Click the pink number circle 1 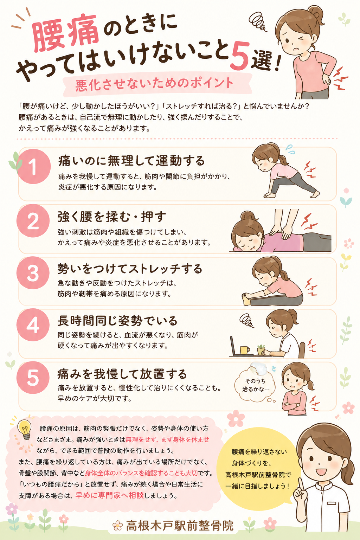coord(33,166)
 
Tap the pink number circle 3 coord(33,273)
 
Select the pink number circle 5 coord(33,378)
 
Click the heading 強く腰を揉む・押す coord(112,217)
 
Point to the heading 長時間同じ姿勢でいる coord(117,321)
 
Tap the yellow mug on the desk coord(245,350)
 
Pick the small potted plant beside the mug coord(261,349)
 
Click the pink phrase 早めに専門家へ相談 coord(109,495)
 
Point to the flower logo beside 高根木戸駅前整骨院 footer coord(118,526)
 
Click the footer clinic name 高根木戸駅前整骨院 coord(180,526)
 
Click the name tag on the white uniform coord(331,503)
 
